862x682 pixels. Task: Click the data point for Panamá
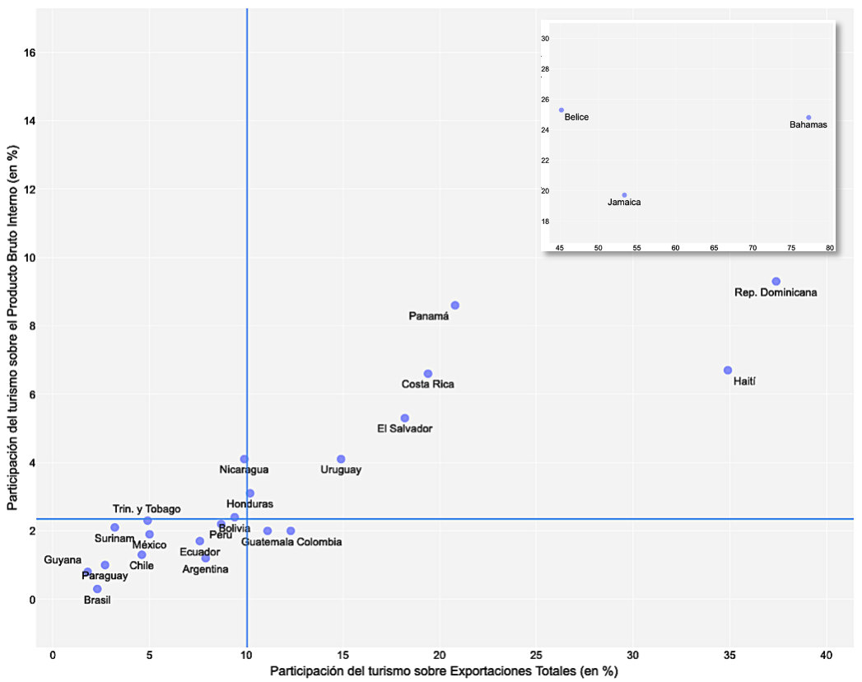tap(455, 306)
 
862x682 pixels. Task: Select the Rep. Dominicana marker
tap(776, 282)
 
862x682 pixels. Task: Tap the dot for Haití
tap(728, 371)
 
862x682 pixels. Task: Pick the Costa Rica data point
tap(428, 374)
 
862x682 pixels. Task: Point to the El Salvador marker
tap(405, 418)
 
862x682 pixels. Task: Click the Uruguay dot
tap(341, 460)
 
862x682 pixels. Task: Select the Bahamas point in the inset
tap(808, 118)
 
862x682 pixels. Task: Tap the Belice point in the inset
tap(561, 110)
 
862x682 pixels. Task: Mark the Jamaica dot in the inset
tap(625, 195)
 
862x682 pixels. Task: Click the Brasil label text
tap(97, 600)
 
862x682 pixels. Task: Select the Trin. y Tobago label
tap(147, 509)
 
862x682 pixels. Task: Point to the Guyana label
tap(63, 560)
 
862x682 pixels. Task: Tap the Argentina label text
tap(206, 569)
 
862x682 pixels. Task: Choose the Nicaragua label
tap(244, 469)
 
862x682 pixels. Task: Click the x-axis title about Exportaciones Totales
tap(444, 671)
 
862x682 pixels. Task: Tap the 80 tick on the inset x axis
tap(829, 247)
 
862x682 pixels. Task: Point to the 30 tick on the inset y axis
tap(545, 39)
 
